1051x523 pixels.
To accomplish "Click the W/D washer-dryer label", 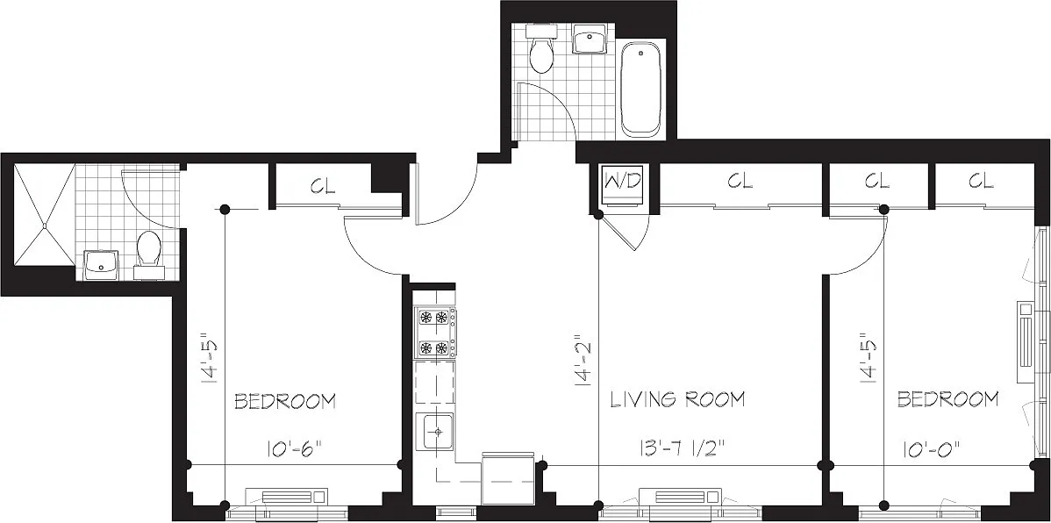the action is (x=624, y=181).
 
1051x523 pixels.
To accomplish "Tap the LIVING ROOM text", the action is (x=677, y=399).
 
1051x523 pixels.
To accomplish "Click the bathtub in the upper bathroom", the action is (x=640, y=88).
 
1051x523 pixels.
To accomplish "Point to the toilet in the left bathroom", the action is (x=148, y=255).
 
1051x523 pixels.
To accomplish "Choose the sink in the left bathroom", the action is (x=101, y=265).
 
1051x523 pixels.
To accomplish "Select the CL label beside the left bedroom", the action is (x=323, y=186).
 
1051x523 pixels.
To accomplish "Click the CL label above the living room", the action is (x=740, y=181).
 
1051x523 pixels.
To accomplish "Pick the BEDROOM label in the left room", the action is (x=285, y=402).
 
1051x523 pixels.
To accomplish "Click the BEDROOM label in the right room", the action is (x=947, y=399).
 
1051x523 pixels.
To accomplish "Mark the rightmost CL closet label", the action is (x=981, y=181).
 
